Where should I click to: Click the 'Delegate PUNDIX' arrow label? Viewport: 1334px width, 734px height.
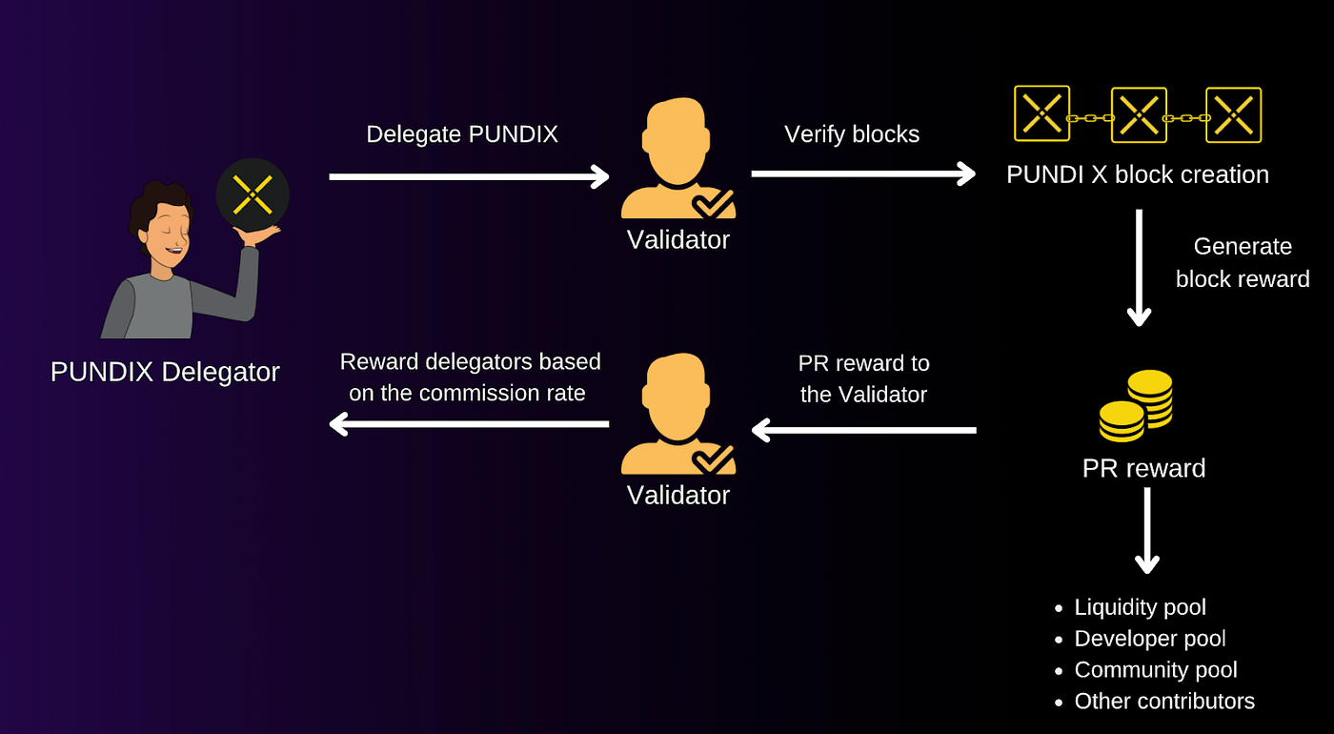point(462,134)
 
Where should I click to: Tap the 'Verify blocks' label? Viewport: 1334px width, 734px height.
point(852,134)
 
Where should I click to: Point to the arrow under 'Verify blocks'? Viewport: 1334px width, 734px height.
point(863,173)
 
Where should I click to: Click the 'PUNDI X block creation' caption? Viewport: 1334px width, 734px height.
point(1138,174)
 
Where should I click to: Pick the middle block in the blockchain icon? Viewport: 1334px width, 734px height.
point(1139,115)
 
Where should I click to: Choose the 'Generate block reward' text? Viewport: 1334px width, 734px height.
point(1243,262)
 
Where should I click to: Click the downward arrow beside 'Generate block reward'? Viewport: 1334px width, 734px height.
point(1139,268)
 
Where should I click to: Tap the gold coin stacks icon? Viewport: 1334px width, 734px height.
point(1136,405)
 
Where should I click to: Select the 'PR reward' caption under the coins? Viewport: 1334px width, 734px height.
point(1143,468)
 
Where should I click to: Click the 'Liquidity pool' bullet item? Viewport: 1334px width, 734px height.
point(1140,607)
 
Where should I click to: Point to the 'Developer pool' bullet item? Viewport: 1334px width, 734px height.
point(1149,639)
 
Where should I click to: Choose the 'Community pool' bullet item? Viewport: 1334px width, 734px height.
point(1155,670)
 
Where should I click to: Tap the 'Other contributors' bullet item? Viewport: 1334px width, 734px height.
point(1163,702)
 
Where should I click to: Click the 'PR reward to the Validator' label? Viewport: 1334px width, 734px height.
point(863,378)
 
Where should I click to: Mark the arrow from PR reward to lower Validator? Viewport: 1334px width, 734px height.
point(863,430)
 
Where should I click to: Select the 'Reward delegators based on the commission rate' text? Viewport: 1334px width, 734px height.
point(470,377)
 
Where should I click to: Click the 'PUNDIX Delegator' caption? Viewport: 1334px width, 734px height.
point(165,372)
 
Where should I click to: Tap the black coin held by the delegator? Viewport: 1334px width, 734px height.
point(253,194)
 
